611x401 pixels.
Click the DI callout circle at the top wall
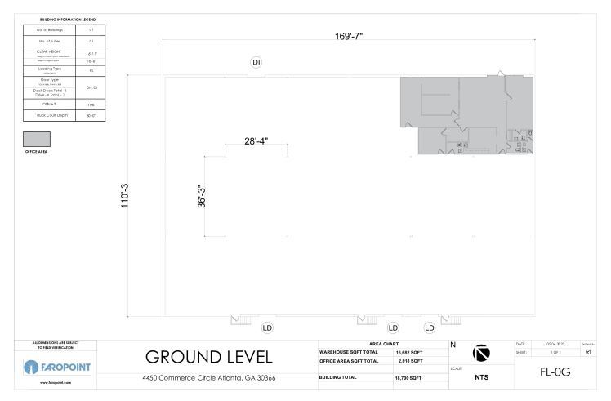256,62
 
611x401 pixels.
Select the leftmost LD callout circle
267,327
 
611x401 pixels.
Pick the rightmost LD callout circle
430,327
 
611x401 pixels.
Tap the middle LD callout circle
392,327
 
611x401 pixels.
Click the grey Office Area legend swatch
38,139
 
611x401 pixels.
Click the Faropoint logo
56,364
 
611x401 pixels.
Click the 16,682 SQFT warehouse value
408,352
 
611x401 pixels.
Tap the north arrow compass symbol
482,352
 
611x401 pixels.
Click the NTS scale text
482,377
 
